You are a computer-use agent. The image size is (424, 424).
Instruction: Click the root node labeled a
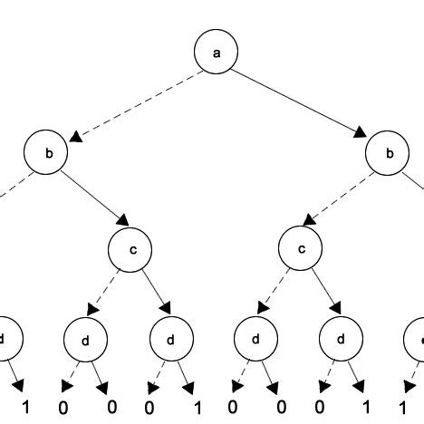(x=216, y=53)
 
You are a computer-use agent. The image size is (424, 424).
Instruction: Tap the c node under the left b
(x=133, y=249)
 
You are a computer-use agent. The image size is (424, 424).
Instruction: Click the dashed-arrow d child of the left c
(x=84, y=342)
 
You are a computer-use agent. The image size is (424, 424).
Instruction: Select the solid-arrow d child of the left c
(x=170, y=342)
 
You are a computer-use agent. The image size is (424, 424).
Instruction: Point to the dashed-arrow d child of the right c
(x=256, y=342)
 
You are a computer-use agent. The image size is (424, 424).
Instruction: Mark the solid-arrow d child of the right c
(x=342, y=342)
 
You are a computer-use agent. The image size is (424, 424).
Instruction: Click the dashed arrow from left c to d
(x=108, y=297)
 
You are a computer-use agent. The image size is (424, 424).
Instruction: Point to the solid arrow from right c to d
(x=322, y=297)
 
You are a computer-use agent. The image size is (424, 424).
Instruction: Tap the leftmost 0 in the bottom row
(x=63, y=407)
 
